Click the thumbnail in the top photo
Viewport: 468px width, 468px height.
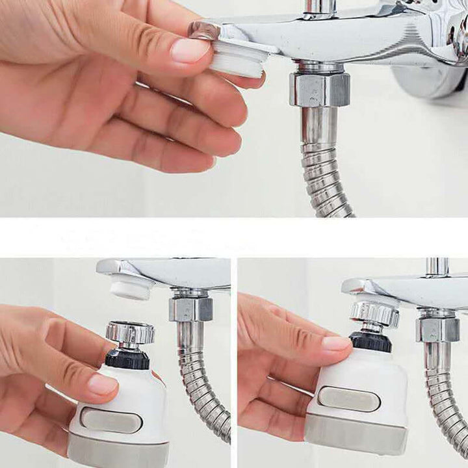coord(190,50)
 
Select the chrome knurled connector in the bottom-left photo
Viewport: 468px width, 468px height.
coord(130,332)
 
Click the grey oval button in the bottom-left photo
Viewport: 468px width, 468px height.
coord(110,421)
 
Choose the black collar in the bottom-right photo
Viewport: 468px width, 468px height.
coord(371,341)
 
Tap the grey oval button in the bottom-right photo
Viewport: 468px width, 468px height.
coord(348,398)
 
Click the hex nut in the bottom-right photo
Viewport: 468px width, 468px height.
coord(438,328)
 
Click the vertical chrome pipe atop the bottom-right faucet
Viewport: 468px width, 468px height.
coord(437,267)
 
